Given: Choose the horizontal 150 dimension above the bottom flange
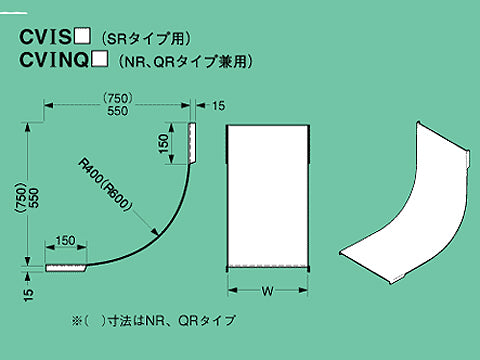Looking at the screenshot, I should [65, 241].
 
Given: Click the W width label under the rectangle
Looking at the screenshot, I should [267, 293].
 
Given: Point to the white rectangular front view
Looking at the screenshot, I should [267, 195].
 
